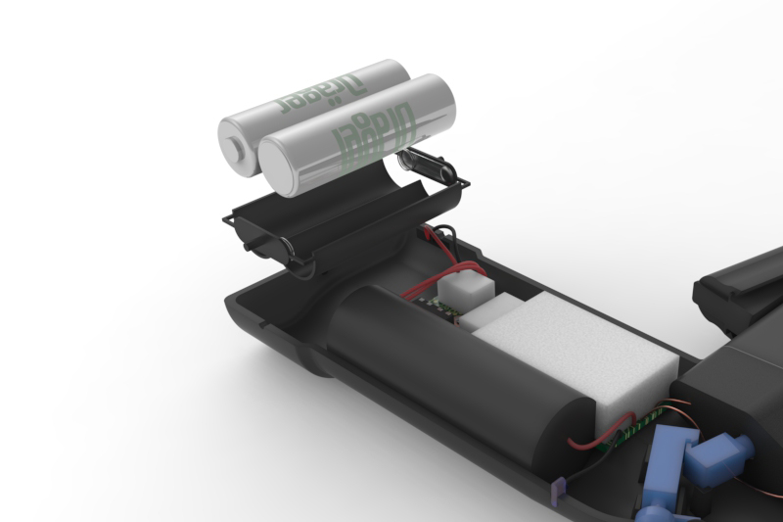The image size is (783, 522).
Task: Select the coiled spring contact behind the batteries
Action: tap(427, 166)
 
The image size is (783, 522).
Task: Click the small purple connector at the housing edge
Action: tap(561, 487)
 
